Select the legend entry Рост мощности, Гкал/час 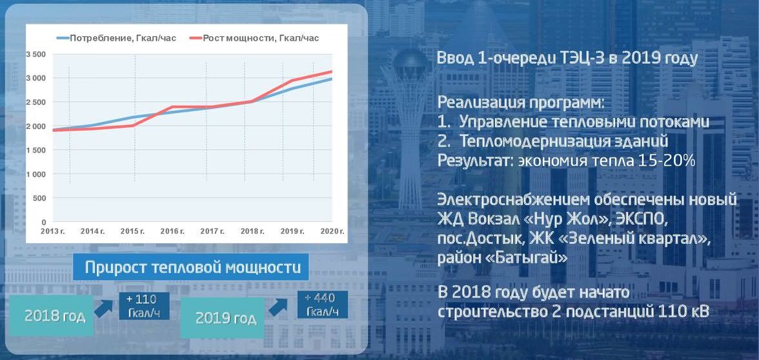tap(254, 38)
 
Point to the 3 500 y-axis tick tap(35, 54)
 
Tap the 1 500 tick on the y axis tap(35, 150)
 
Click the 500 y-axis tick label tap(39, 198)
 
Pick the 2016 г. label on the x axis tap(173, 230)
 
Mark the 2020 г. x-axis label tap(331, 230)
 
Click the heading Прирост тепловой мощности tap(192, 267)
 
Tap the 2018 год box tap(55, 316)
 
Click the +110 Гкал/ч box tap(143, 306)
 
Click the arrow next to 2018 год tap(103, 308)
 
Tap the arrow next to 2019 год tap(278, 306)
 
